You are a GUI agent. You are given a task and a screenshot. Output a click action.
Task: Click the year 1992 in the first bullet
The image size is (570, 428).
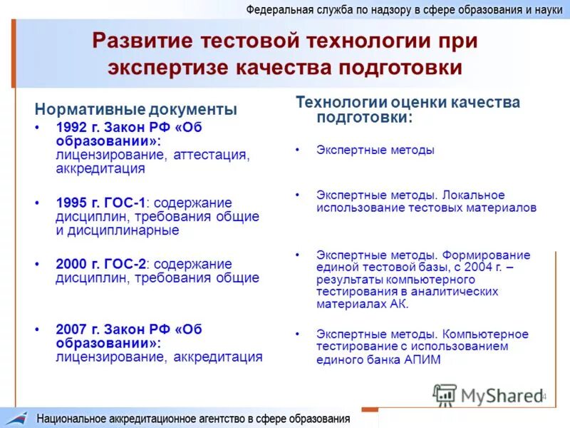[x=71, y=127]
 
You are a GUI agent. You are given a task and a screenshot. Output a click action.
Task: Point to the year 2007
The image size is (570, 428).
[x=71, y=330]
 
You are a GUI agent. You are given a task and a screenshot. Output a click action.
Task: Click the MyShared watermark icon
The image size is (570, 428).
[x=445, y=395]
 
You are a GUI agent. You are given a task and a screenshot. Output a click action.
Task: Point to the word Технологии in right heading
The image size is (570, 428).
[x=334, y=103]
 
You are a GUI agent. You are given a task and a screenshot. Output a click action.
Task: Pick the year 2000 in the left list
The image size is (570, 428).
[x=71, y=265]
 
